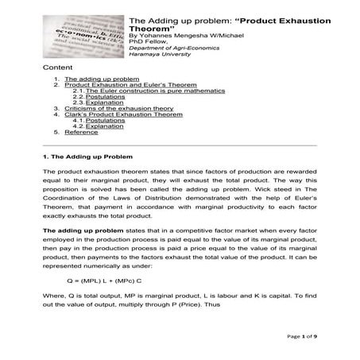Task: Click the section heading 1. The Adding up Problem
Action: point(81,157)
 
